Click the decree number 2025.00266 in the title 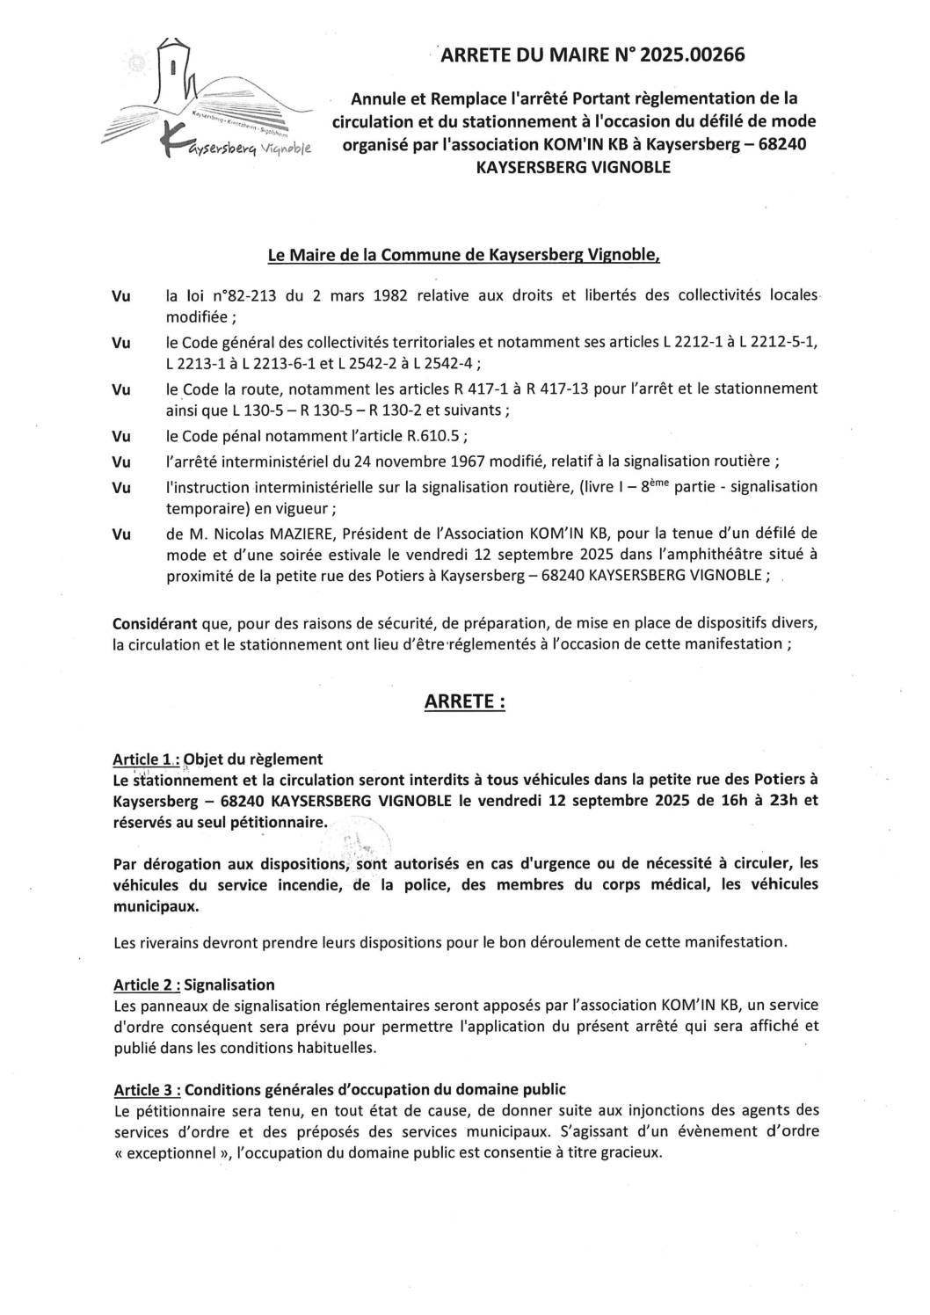[693, 55]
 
